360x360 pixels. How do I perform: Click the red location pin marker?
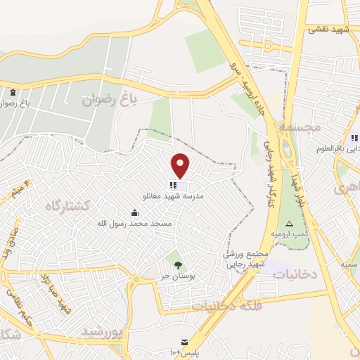click(x=181, y=166)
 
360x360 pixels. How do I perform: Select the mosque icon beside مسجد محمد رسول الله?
click(x=134, y=212)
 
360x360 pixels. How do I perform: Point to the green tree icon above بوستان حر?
click(x=177, y=264)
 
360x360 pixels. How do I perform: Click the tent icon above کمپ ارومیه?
click(x=288, y=223)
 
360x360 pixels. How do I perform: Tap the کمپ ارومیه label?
click(x=290, y=233)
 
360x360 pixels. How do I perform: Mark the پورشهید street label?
click(x=102, y=330)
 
